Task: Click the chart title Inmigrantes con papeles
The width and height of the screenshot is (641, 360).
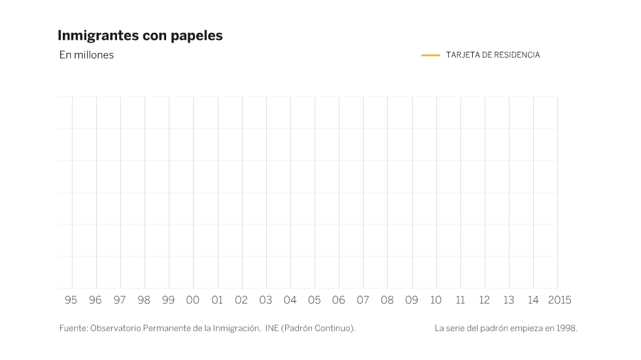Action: coord(140,35)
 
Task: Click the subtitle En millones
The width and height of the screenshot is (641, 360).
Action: coord(86,55)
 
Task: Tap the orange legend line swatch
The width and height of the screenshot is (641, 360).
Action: coord(430,55)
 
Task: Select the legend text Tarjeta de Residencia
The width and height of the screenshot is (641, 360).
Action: coord(493,55)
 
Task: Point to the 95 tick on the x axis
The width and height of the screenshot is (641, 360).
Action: coord(71,300)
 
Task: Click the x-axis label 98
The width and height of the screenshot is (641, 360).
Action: coord(144,300)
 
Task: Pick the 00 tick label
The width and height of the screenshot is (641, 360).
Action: coord(192,300)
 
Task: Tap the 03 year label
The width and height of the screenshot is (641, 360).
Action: coord(266,300)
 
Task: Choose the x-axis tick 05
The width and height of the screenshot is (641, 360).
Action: coord(314,300)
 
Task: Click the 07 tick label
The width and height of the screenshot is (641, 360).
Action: coord(362,300)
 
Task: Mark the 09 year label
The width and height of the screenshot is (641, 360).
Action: coord(411,300)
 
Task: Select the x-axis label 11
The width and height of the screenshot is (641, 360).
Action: coord(460,300)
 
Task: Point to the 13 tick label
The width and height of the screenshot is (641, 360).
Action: coord(508,300)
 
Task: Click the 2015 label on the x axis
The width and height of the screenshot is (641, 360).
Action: coord(559,300)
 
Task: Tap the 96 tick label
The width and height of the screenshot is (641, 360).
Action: coord(95,300)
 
